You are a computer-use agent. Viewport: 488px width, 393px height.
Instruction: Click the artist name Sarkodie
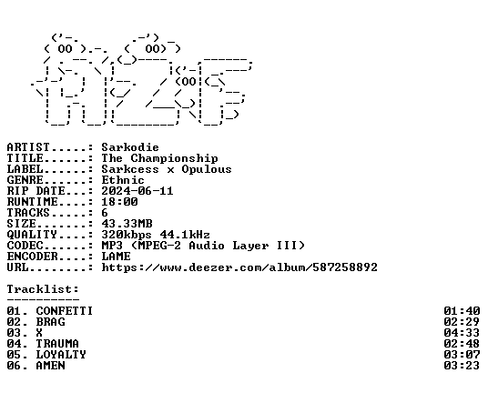coord(130,147)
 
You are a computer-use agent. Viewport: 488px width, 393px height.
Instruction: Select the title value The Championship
coord(159,158)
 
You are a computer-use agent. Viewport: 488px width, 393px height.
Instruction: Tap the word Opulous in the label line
coord(207,169)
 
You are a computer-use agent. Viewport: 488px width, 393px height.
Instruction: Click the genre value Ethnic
coord(123,180)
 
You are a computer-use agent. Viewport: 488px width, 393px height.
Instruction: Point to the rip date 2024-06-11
coord(137,191)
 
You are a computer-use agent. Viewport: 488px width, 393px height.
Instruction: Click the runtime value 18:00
coord(119,202)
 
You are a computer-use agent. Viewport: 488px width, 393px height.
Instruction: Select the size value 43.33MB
coord(127,224)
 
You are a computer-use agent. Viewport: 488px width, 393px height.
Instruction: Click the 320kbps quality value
coord(127,235)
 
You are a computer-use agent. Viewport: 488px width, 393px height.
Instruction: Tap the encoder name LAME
coord(117,257)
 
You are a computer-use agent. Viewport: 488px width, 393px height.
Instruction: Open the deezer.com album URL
coord(239,267)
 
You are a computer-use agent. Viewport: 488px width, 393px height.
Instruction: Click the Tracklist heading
coord(43,289)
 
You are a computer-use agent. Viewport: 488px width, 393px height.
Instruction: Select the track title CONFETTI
coord(65,311)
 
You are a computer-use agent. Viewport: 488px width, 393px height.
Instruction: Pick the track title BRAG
coord(50,322)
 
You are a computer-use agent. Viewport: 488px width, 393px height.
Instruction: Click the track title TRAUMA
coord(57,344)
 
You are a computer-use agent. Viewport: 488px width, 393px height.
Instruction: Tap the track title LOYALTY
coord(61,355)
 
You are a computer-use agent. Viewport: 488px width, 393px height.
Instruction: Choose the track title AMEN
coord(50,366)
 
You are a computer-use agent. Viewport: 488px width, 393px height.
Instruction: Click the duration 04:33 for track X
coord(462,333)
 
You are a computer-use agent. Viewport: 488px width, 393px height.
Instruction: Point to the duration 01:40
coord(462,311)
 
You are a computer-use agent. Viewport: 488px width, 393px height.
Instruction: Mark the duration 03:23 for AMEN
coord(462,366)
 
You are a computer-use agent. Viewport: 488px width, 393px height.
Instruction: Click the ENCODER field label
coord(32,257)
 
